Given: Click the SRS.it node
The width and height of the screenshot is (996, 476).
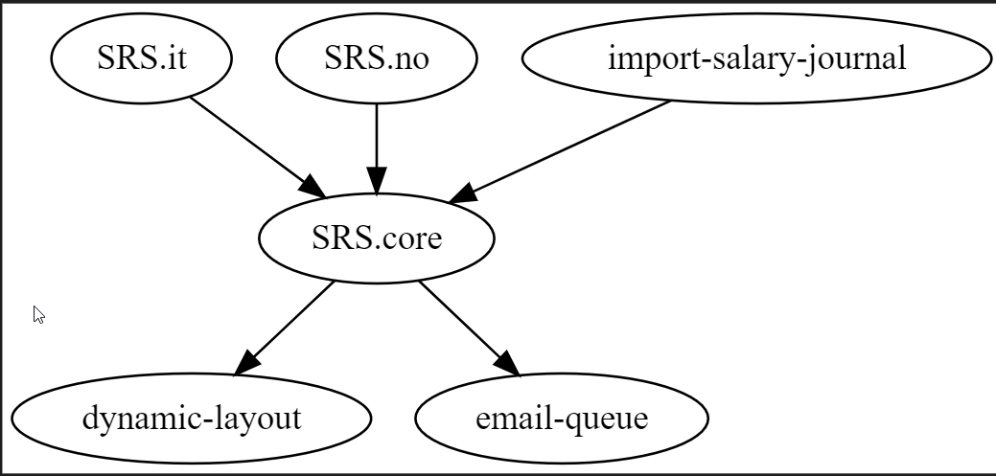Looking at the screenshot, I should coord(141,58).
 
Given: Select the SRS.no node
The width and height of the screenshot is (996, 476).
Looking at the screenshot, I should coord(376,58).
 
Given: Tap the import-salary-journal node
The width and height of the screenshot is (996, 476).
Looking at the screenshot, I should coord(756,58).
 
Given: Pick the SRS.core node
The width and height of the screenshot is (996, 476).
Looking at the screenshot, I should coord(376,238).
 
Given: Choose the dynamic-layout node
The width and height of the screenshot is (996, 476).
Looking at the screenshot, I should coord(191,419).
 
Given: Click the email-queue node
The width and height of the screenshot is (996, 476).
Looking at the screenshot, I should coord(561,419).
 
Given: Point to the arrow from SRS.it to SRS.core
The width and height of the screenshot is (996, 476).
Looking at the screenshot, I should coord(251,141).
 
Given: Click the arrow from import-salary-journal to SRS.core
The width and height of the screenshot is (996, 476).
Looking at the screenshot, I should coord(566,147).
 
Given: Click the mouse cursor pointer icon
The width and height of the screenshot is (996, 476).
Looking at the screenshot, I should coord(38,314).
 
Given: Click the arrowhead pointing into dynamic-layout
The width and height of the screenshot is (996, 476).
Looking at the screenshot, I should coord(245,361).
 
